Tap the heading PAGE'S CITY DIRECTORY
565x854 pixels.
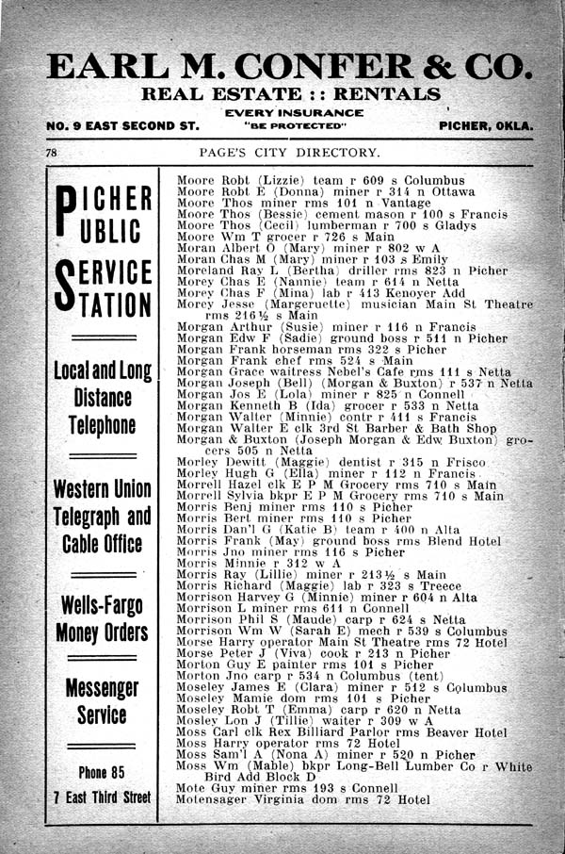click(x=290, y=153)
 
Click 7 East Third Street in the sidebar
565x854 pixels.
click(x=101, y=797)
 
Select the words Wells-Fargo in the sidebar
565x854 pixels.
click(x=102, y=603)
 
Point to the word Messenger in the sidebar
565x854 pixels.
click(x=102, y=688)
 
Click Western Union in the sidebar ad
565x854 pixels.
click(x=102, y=489)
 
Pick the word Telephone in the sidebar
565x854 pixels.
click(x=102, y=425)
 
